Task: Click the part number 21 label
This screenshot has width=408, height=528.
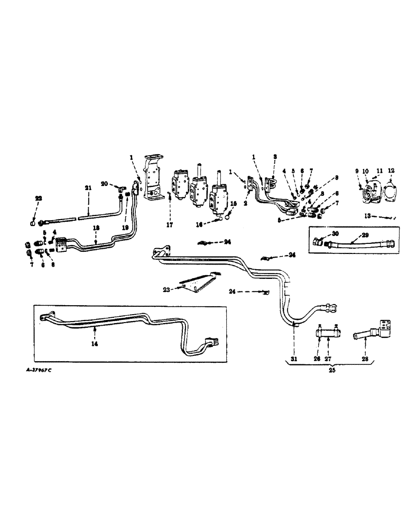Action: pos(88,187)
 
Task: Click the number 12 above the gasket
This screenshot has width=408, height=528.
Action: pos(391,171)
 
